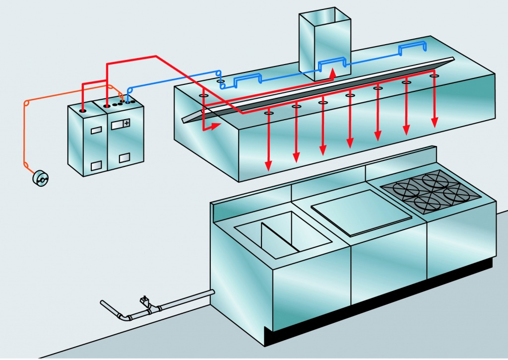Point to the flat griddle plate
(x=361, y=212)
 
